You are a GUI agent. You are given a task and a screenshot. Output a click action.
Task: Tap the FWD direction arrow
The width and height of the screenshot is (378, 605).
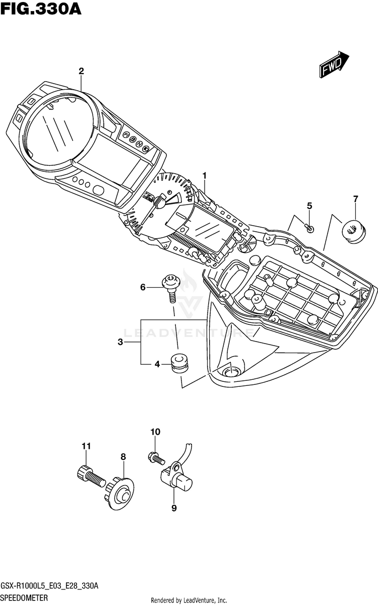click(x=334, y=64)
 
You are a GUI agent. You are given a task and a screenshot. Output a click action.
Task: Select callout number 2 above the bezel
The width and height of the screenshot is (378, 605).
click(x=81, y=71)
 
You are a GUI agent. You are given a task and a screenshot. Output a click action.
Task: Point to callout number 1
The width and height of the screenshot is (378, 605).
click(x=205, y=176)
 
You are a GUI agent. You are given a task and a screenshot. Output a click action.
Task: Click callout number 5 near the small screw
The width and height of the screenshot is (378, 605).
click(x=309, y=206)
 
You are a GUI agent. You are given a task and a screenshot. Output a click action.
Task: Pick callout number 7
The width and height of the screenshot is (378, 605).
click(x=355, y=199)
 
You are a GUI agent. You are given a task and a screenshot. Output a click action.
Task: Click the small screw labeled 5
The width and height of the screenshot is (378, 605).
click(x=309, y=228)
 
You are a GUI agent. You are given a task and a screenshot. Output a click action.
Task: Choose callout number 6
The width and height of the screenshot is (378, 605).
click(x=143, y=287)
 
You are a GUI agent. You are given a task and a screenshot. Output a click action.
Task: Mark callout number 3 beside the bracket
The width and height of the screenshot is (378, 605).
click(x=120, y=342)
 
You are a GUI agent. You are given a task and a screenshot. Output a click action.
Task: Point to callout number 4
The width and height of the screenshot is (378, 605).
click(x=157, y=364)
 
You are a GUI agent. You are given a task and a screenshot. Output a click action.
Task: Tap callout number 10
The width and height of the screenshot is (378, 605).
click(x=155, y=432)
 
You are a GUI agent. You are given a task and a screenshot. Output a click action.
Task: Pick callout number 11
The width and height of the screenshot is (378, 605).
click(x=86, y=446)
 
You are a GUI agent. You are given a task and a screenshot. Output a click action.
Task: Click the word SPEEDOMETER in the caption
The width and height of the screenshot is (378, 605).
click(x=24, y=596)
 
